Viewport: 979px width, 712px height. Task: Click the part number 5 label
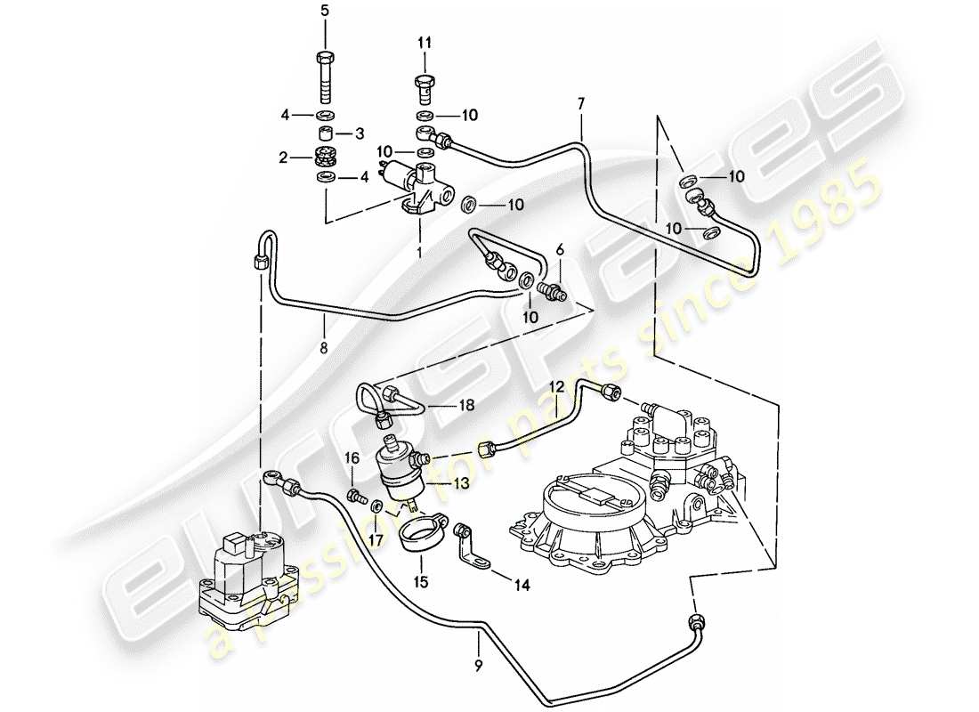pos(325,11)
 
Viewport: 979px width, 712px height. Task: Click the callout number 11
pos(425,42)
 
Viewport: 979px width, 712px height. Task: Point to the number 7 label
pos(580,104)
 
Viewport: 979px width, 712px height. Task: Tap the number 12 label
pos(556,387)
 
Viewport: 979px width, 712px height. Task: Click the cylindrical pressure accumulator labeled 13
pos(400,472)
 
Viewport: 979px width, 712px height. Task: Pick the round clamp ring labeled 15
pos(420,538)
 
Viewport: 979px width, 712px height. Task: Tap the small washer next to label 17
pos(376,506)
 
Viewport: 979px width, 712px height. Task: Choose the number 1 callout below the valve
pos(419,251)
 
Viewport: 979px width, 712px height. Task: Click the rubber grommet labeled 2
pos(325,158)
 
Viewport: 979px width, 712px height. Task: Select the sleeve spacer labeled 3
pos(325,133)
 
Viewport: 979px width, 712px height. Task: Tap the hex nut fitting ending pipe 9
pos(695,620)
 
